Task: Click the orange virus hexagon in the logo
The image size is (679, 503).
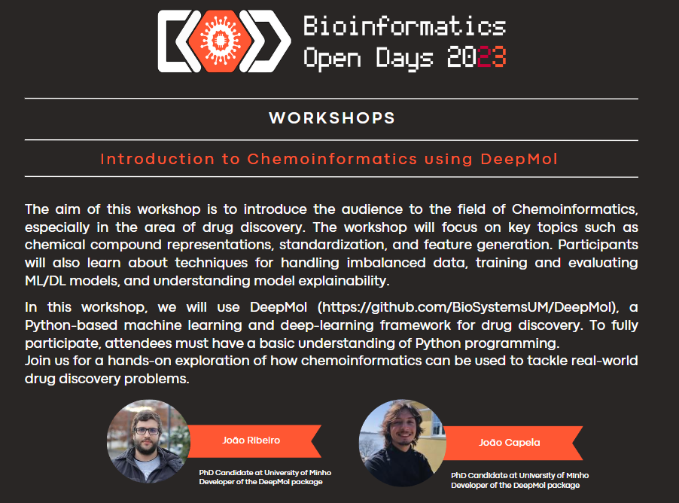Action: point(220,41)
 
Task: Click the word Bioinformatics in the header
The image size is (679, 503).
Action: point(404,26)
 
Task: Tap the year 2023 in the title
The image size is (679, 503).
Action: point(477,56)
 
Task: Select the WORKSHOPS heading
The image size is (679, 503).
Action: point(332,117)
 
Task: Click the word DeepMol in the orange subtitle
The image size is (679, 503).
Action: point(519,159)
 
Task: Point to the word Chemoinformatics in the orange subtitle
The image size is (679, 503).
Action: point(332,159)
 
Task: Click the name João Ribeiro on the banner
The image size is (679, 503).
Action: point(251,441)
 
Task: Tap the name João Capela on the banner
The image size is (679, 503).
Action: point(509,442)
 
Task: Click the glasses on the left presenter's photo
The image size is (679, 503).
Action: point(148,431)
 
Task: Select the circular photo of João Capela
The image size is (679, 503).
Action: point(402,442)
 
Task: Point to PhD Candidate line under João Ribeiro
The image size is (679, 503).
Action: point(265,473)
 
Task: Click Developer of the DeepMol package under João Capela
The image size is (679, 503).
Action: point(516,485)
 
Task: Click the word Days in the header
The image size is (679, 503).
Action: point(404,58)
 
